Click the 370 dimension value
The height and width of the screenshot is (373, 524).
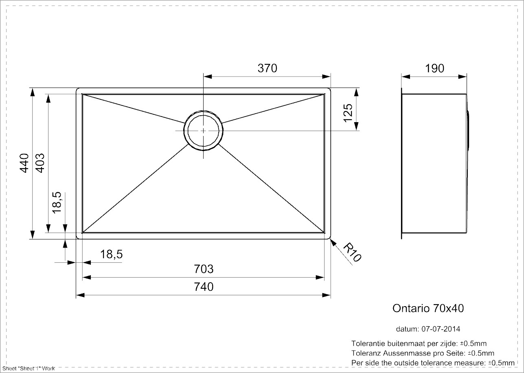267,68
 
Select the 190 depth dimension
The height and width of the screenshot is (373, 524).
434,68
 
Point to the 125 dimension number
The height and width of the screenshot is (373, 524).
348,113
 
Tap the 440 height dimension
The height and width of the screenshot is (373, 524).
24,163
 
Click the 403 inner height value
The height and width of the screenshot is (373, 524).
40,163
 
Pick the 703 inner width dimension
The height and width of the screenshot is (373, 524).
204,269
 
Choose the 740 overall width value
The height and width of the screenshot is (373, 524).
204,287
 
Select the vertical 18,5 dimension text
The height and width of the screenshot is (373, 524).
57,203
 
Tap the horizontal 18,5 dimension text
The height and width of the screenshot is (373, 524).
111,255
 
